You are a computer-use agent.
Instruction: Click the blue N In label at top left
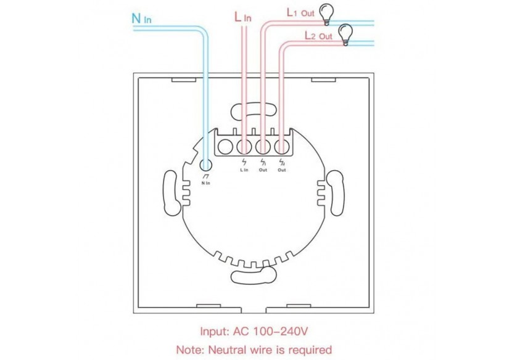pyautogui.click(x=142, y=18)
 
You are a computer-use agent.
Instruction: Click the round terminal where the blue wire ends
pyautogui.click(x=206, y=164)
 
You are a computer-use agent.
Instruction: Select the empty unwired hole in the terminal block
pyautogui.click(x=226, y=147)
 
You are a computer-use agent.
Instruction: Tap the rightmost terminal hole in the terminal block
pyautogui.click(x=281, y=147)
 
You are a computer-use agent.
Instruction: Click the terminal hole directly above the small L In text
pyautogui.click(x=245, y=147)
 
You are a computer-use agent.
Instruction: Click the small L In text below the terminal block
pyautogui.click(x=244, y=170)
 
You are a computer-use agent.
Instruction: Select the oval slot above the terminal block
pyautogui.click(x=246, y=111)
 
